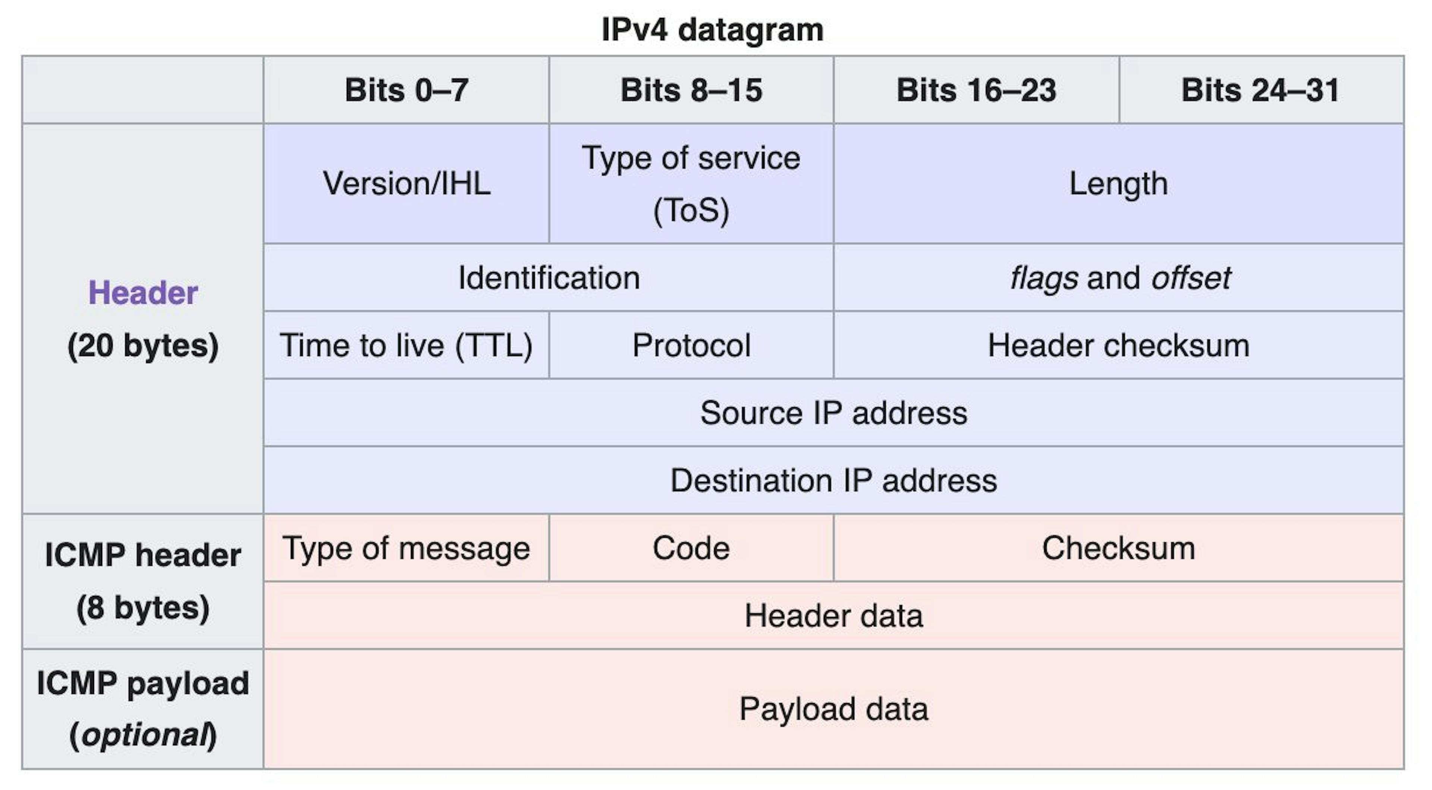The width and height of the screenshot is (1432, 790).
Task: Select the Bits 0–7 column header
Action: pyautogui.click(x=406, y=90)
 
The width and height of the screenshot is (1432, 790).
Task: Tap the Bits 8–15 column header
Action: pyautogui.click(x=691, y=90)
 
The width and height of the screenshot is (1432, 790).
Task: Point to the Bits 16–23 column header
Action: pyautogui.click(x=976, y=90)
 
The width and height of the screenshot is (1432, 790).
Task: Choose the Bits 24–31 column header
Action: pyautogui.click(x=1261, y=90)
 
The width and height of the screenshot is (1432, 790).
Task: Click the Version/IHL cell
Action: pyautogui.click(x=406, y=183)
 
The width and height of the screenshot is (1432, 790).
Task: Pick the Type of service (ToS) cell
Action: pyautogui.click(x=691, y=183)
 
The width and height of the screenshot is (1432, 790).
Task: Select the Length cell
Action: pyautogui.click(x=1118, y=183)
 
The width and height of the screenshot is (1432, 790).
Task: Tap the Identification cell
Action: pyautogui.click(x=549, y=278)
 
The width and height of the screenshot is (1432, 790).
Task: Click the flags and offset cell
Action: pyautogui.click(x=1118, y=278)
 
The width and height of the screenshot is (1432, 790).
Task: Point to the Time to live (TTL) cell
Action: pyautogui.click(x=406, y=345)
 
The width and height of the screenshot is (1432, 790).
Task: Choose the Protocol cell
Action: pyautogui.click(x=691, y=345)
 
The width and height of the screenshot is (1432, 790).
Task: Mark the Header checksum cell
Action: pyautogui.click(x=1118, y=345)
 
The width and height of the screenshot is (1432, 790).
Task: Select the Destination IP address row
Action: pyautogui.click(x=833, y=480)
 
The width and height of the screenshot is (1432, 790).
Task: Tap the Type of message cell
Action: pyautogui.click(x=406, y=548)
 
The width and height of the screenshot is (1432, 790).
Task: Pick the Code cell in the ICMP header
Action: pyautogui.click(x=691, y=548)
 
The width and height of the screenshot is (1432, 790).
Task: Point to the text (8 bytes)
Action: pyautogui.click(x=143, y=608)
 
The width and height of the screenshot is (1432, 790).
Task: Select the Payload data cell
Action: pyautogui.click(x=833, y=709)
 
